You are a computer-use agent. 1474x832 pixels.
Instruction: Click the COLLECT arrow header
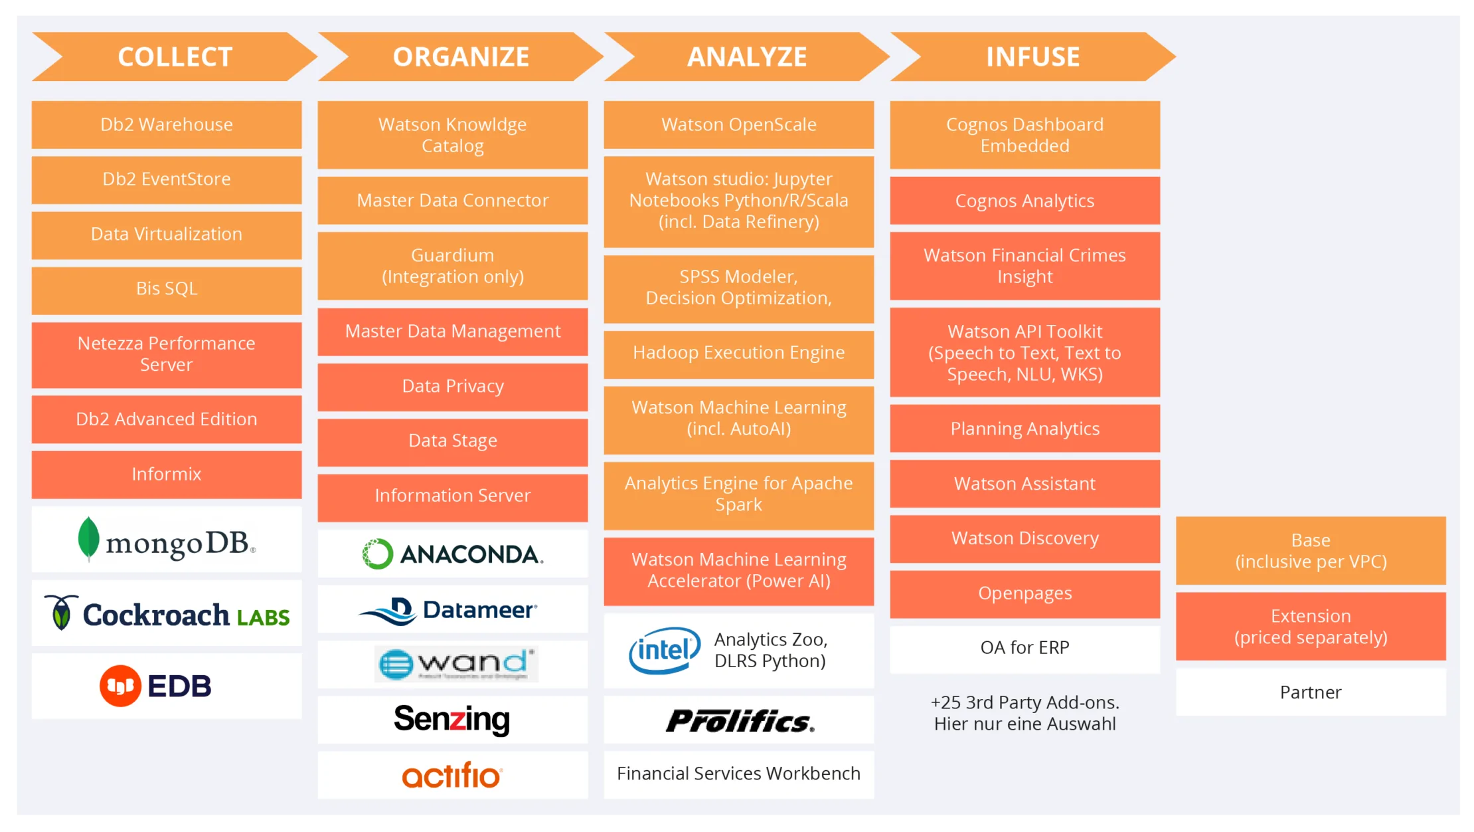[x=175, y=57]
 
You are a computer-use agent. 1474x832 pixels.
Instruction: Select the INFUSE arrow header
[x=1032, y=57]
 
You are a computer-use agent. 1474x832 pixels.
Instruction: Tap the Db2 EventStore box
[x=167, y=179]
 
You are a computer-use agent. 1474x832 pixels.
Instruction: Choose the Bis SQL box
[x=167, y=289]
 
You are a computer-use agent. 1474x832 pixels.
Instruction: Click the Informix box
[x=167, y=474]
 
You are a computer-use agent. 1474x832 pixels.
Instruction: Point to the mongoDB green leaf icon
[x=88, y=538]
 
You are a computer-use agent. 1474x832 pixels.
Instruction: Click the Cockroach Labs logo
[x=167, y=613]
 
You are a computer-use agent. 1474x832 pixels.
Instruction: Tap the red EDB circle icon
[x=120, y=686]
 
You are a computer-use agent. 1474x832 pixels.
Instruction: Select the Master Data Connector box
[x=453, y=201]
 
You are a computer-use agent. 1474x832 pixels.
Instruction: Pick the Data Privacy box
[x=453, y=387]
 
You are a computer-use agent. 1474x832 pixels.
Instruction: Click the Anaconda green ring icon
[x=378, y=554]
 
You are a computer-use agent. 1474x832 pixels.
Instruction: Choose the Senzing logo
[x=452, y=720]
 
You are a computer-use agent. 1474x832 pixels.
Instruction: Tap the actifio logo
[x=452, y=776]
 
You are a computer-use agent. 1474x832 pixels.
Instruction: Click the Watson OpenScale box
[x=739, y=125]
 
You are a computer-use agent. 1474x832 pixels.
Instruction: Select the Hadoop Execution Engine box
[x=739, y=353]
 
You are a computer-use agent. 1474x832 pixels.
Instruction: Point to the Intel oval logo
[x=665, y=651]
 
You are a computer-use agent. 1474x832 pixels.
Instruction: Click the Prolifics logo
[x=740, y=721]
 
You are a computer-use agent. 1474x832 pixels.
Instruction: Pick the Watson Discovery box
[x=1025, y=538]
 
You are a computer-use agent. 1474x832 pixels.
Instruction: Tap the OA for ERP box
[x=1025, y=648]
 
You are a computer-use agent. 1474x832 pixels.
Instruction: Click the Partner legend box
[x=1311, y=692]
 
